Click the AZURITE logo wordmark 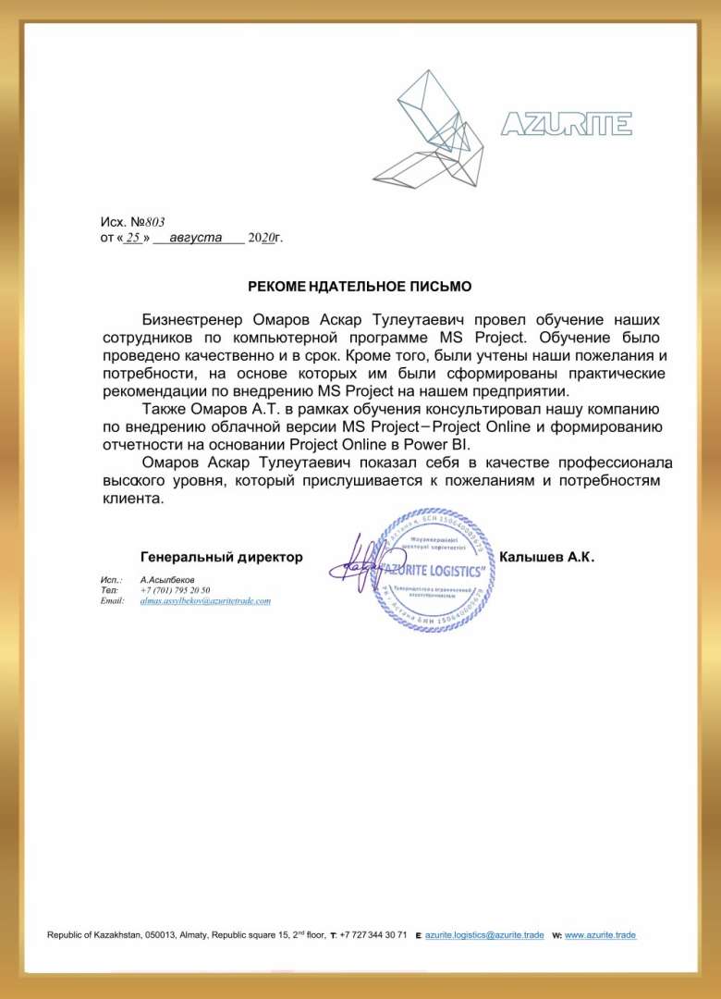[x=566, y=124]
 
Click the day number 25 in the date [x=133, y=238]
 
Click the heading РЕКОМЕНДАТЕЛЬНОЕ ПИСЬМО [x=360, y=287]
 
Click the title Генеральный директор [x=222, y=557]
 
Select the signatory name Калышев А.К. [x=546, y=557]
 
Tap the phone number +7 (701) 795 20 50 [x=175, y=590]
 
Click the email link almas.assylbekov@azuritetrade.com [x=205, y=601]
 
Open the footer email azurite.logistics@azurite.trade [x=484, y=935]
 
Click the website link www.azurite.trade [x=600, y=935]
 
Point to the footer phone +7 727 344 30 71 [x=373, y=935]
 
